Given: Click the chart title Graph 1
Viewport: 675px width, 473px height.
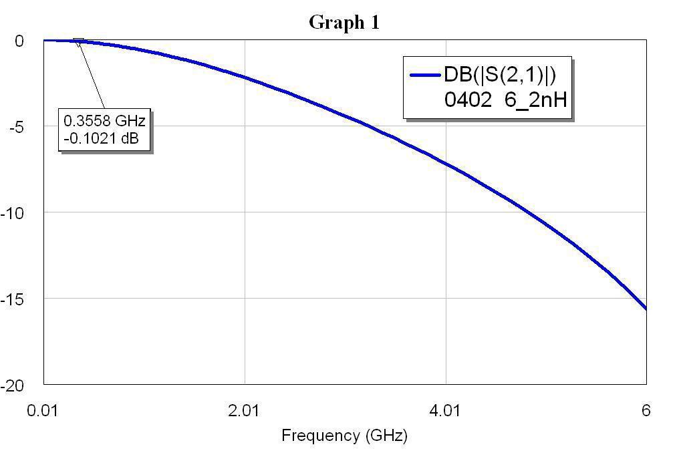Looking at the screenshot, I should click(x=344, y=22).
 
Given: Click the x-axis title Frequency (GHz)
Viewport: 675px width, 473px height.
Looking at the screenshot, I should click(x=344, y=436).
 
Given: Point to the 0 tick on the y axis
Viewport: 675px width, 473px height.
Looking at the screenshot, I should click(x=20, y=41).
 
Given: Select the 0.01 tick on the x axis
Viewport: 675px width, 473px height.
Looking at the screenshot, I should click(x=44, y=410).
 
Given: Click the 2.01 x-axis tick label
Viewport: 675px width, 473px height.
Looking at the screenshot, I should click(x=245, y=410).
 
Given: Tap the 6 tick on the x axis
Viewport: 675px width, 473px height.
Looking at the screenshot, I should click(x=646, y=410).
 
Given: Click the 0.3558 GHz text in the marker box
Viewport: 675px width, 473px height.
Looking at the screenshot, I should click(x=104, y=121).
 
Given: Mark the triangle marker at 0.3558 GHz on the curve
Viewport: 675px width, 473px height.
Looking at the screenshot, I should click(x=79, y=42).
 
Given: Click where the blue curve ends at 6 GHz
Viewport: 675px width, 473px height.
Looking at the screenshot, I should click(x=646, y=309).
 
